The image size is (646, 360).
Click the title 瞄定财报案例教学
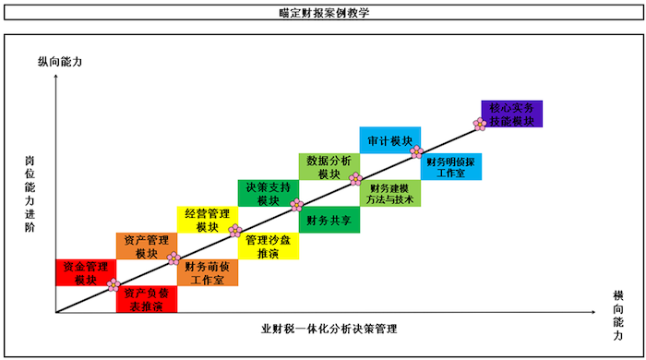point(322,14)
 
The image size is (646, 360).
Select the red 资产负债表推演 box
point(146,300)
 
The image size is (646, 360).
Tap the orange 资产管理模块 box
point(146,246)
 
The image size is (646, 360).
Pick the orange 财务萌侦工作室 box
point(207,273)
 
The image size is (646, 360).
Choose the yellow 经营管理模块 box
point(207,220)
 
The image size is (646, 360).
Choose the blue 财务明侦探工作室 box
point(450,167)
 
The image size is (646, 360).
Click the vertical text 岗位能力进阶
point(30,193)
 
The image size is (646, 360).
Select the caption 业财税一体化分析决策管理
point(322,329)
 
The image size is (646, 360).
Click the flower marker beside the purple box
point(480,124)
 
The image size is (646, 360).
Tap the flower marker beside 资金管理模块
point(114,285)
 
